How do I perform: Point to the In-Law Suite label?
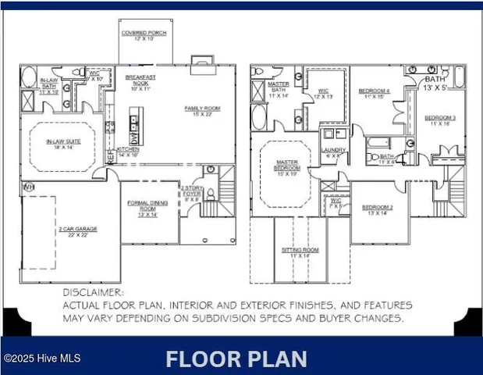point(59,144)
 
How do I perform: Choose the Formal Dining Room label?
point(147,209)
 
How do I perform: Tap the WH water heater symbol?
point(28,187)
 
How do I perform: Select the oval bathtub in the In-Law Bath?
point(29,77)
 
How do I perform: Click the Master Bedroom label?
point(286,166)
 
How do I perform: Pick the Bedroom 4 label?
point(374,94)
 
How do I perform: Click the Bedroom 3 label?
point(439,120)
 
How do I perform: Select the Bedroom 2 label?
point(377,209)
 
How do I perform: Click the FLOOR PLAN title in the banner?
point(236,359)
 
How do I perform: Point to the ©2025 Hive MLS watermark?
point(41,359)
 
